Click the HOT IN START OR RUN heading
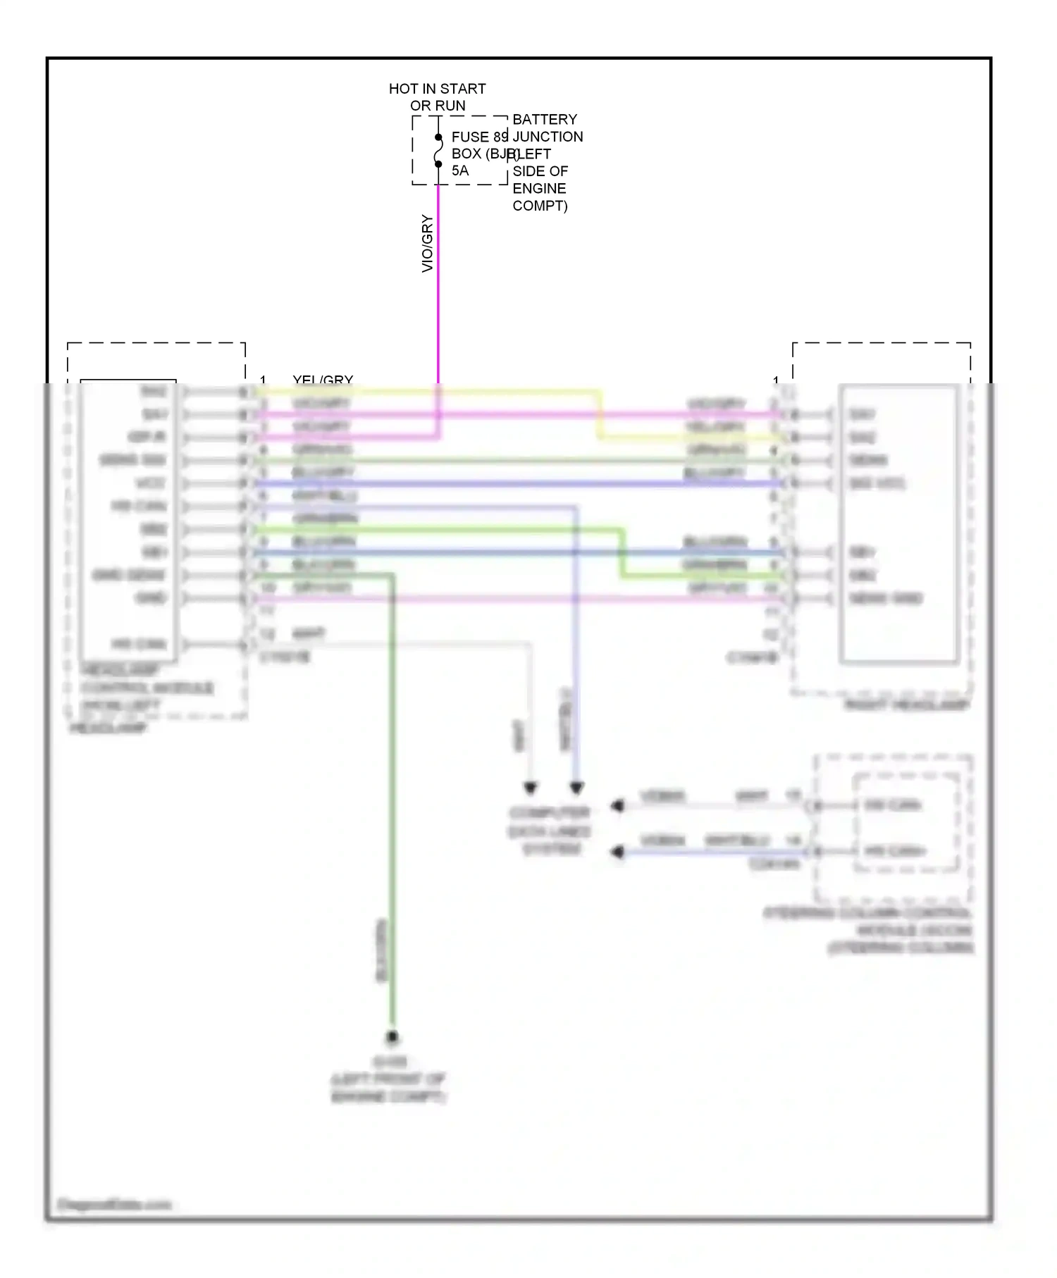(437, 97)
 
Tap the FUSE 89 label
(479, 137)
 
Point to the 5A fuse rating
(460, 170)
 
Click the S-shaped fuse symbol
(438, 151)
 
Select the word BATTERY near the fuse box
(545, 119)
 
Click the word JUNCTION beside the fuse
(548, 137)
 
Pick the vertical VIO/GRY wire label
(427, 244)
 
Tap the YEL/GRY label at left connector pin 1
(323, 380)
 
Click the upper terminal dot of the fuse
(438, 137)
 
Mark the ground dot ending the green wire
(392, 1037)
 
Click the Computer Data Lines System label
(549, 831)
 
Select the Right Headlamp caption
(907, 705)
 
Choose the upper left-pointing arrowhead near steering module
(618, 805)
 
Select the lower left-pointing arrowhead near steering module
(618, 852)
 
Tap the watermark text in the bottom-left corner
(114, 1205)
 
